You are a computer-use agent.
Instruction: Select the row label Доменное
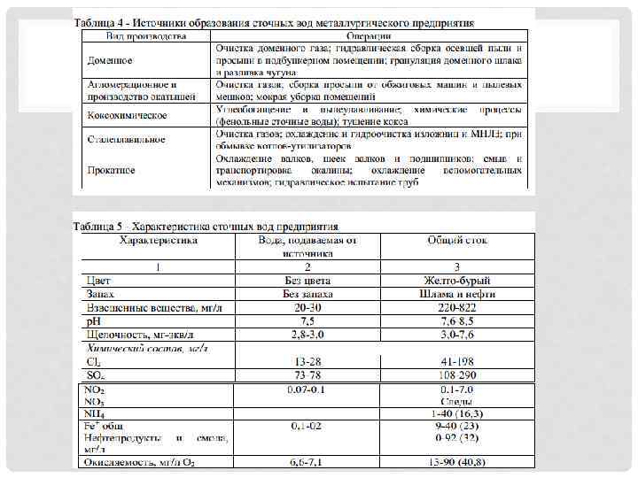click(110, 60)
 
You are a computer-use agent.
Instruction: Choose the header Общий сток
click(457, 240)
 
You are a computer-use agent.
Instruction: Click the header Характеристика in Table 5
click(159, 240)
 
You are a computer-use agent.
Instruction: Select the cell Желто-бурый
click(457, 279)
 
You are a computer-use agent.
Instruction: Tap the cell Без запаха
click(307, 293)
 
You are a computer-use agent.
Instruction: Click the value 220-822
click(457, 306)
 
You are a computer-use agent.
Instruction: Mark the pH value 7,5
click(307, 320)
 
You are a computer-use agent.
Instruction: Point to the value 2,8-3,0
click(307, 335)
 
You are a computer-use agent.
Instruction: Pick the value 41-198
click(457, 362)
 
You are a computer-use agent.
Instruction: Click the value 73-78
click(307, 375)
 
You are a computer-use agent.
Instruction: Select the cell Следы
click(457, 403)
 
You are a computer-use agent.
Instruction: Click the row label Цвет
click(98, 279)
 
